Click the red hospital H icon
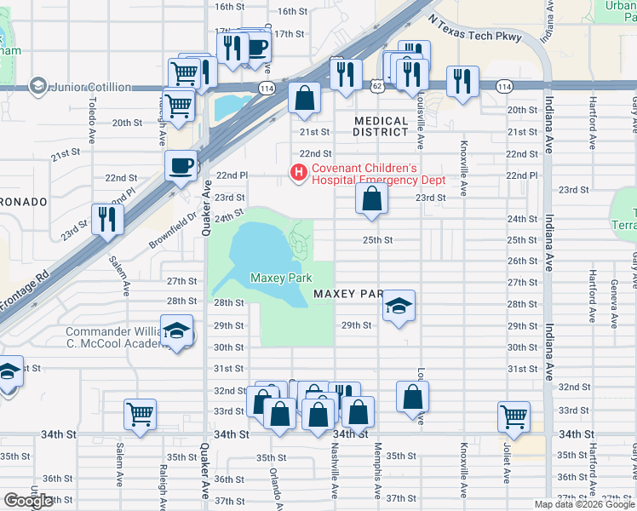(x=298, y=174)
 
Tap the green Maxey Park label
(x=281, y=278)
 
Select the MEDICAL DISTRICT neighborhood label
(x=381, y=127)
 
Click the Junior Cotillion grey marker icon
(x=37, y=86)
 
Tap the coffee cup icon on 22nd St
(x=181, y=165)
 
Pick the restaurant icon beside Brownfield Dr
(x=107, y=218)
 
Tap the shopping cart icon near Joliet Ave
(x=514, y=416)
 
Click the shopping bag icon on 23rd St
(x=371, y=199)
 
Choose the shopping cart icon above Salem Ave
(x=140, y=414)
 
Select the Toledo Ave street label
(x=91, y=119)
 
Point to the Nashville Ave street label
(x=335, y=477)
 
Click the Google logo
(x=28, y=501)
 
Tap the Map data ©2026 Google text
(x=583, y=504)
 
